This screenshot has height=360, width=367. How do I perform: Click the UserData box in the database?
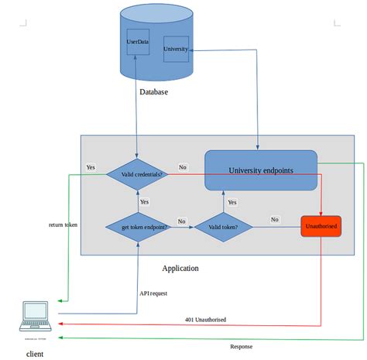click(x=137, y=41)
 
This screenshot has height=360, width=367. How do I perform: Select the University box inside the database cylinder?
click(x=176, y=50)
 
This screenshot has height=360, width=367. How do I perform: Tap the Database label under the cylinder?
click(x=153, y=92)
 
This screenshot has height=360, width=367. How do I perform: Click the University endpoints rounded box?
click(x=261, y=170)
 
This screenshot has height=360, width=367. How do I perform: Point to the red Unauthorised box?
click(x=321, y=227)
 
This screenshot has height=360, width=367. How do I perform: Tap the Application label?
click(x=180, y=268)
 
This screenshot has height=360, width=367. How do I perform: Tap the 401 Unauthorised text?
click(x=205, y=319)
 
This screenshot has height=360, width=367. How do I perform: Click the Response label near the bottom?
click(x=241, y=346)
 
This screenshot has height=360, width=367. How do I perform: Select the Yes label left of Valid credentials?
click(x=91, y=167)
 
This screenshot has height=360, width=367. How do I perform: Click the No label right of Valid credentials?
click(x=182, y=167)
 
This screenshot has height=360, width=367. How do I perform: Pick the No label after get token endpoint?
click(x=182, y=221)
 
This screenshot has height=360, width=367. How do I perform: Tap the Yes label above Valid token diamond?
click(x=232, y=202)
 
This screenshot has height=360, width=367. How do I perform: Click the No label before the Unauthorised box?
click(x=275, y=219)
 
